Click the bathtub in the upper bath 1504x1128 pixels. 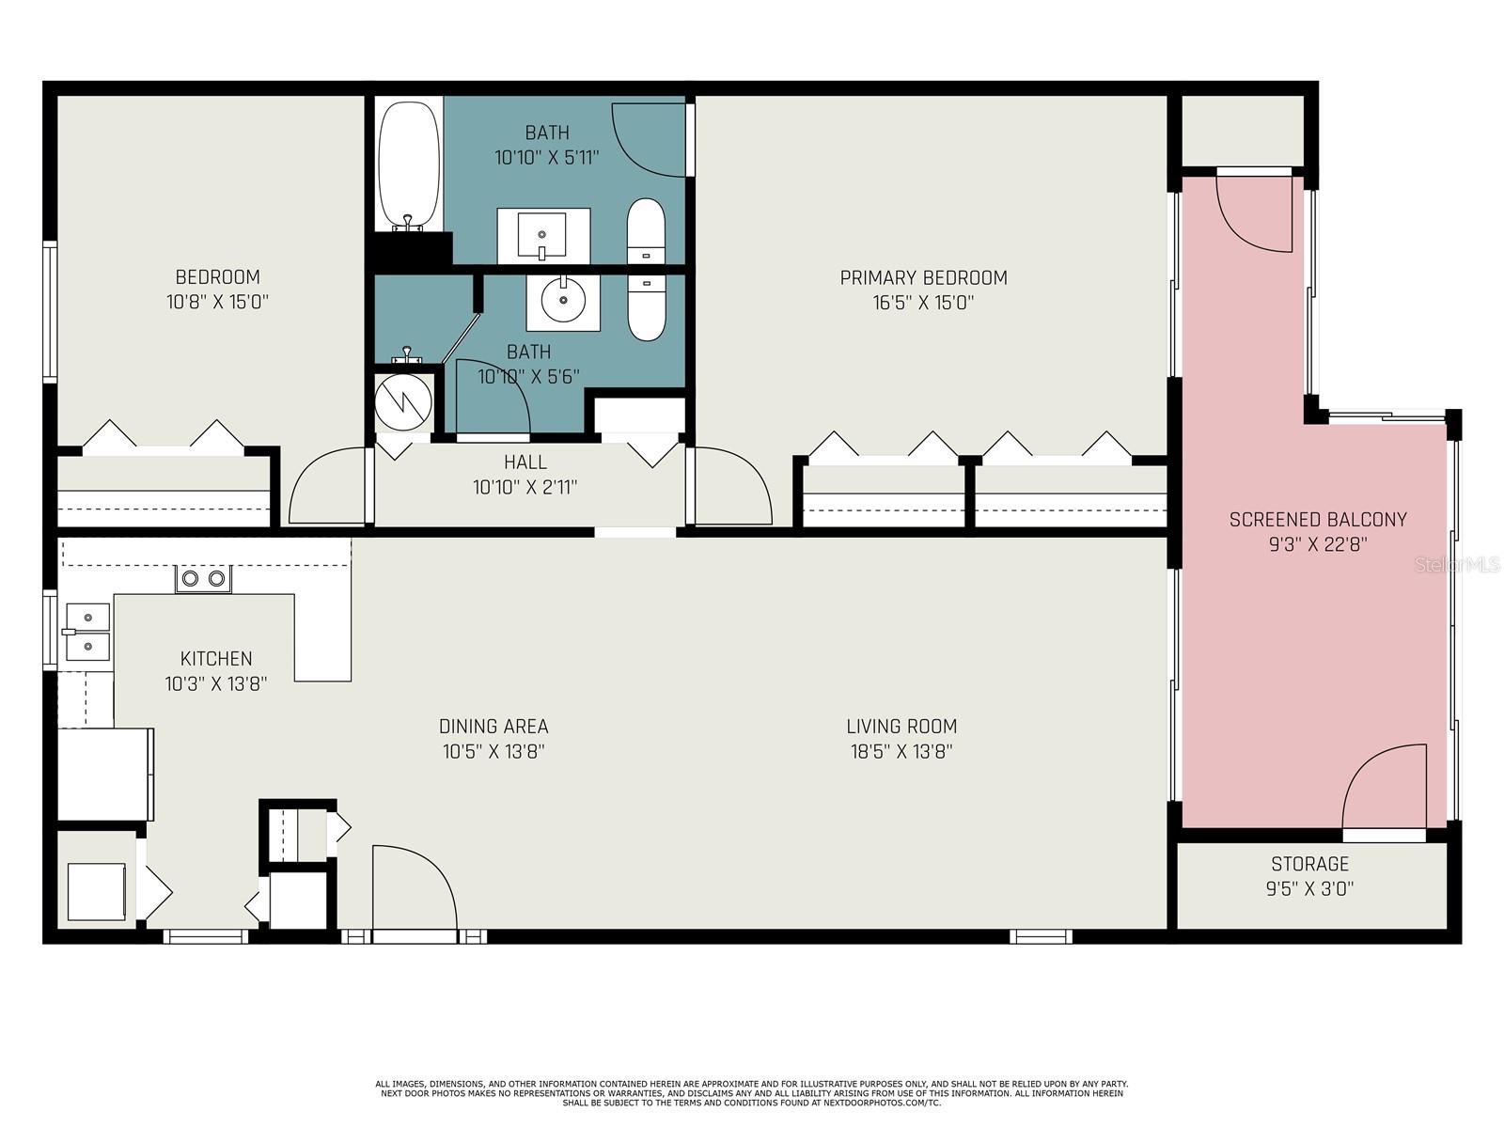point(409,166)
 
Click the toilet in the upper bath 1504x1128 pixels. point(646,230)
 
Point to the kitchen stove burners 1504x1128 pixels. point(204,579)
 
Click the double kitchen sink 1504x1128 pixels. point(87,632)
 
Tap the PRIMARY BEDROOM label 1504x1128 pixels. point(923,277)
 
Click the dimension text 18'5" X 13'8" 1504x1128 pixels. point(901,751)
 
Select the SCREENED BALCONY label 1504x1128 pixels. point(1317,519)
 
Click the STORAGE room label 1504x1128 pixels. point(1309,863)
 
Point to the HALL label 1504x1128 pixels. point(525,462)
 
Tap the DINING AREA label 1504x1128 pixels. point(493,726)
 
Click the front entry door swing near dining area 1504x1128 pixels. point(414,888)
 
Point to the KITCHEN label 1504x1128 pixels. point(216,658)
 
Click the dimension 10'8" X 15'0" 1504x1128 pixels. point(217,302)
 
